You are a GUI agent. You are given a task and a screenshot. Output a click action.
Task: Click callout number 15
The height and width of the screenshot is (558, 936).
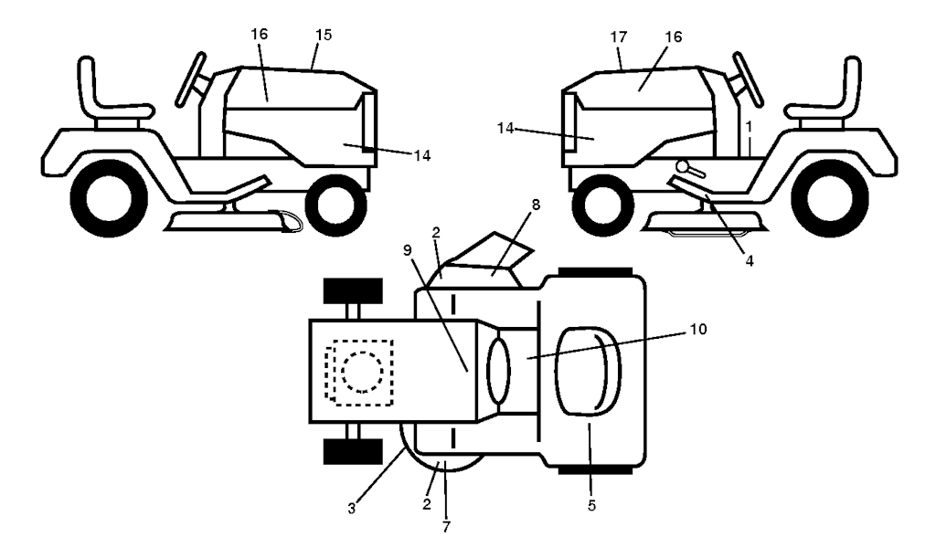323,36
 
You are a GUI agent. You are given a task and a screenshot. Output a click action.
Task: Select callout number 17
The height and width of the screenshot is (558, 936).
619,37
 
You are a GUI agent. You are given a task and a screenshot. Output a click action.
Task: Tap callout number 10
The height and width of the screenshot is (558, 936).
697,329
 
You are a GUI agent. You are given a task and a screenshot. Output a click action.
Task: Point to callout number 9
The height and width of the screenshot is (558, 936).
407,250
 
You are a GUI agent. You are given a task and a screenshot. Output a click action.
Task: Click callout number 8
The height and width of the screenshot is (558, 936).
536,205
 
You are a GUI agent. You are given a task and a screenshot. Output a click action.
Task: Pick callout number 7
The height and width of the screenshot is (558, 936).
446,526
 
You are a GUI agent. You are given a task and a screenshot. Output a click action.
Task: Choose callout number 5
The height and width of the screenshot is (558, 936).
591,506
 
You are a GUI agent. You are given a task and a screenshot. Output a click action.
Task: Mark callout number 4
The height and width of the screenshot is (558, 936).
749,261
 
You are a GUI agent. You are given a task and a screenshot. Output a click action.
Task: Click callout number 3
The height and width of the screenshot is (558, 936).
352,509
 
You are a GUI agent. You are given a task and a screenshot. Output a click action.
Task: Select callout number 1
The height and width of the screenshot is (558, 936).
749,127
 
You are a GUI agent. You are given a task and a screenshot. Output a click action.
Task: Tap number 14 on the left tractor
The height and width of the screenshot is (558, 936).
422,155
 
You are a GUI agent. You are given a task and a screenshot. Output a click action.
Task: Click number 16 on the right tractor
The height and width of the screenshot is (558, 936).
673,37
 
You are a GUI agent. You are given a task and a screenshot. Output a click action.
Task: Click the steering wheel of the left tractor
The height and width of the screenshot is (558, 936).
192,79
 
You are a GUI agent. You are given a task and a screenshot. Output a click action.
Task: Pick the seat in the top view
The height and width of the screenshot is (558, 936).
589,371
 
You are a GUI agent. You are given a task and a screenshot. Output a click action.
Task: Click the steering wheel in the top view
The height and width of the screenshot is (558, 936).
499,370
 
